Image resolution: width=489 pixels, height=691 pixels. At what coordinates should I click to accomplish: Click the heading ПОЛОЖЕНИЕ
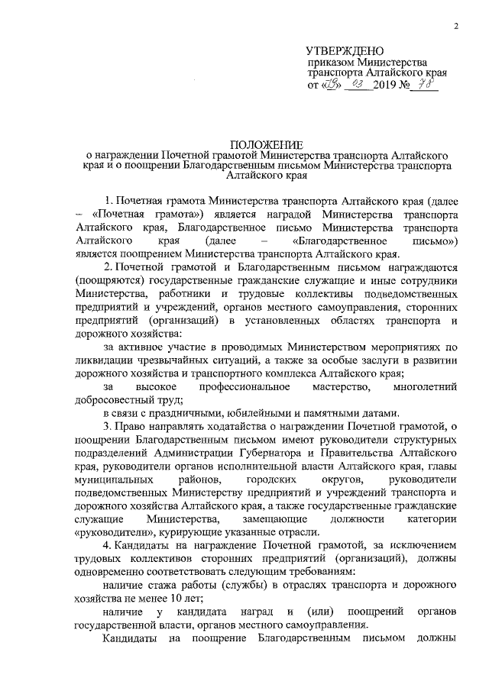click(x=267, y=144)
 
